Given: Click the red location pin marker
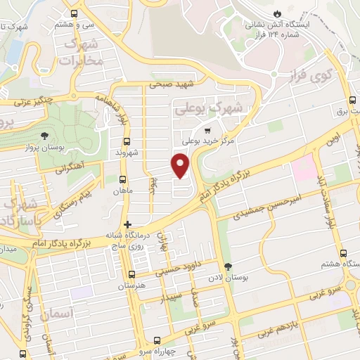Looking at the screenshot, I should [x=181, y=164].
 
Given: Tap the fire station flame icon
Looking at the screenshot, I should [x=278, y=13].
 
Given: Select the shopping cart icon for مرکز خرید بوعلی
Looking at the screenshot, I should [x=207, y=131].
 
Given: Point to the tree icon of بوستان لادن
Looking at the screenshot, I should [x=228, y=266].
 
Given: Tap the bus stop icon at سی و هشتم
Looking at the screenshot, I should [x=75, y=13].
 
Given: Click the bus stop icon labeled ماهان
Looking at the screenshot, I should [x=124, y=180].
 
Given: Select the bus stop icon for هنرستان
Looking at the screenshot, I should [x=131, y=274].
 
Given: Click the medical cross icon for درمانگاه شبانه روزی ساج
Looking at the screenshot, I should [x=127, y=225].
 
